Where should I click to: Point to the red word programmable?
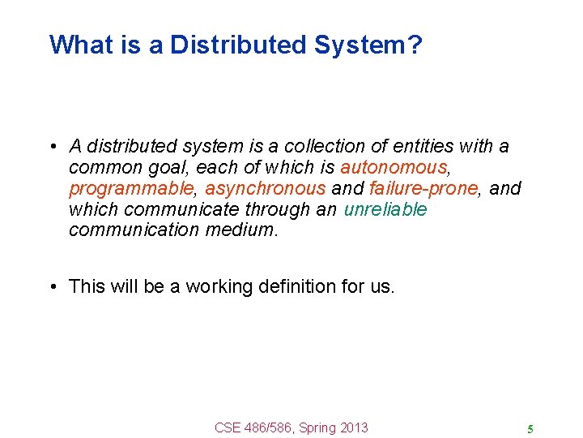click(x=131, y=189)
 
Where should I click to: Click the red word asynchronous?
click(x=265, y=189)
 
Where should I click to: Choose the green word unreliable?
click(x=385, y=210)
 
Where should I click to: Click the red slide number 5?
click(x=530, y=429)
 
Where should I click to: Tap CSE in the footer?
click(x=229, y=427)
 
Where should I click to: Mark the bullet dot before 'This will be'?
click(x=51, y=287)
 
